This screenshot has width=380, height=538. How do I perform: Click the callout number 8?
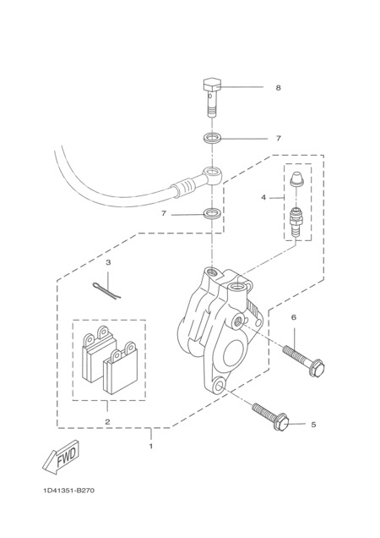click(x=278, y=88)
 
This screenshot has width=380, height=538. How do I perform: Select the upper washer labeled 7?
click(x=212, y=139)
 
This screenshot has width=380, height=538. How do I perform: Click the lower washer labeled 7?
click(x=212, y=214)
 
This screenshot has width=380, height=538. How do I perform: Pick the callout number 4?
click(x=263, y=198)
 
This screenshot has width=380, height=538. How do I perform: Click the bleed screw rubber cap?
click(x=296, y=179)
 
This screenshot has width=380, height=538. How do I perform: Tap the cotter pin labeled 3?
click(x=107, y=290)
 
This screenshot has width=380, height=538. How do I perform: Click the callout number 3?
click(x=108, y=263)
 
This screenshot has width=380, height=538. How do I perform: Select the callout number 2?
click(x=107, y=421)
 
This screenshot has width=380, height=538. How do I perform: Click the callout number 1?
click(x=150, y=447)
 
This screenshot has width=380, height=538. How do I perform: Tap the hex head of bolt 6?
click(x=317, y=367)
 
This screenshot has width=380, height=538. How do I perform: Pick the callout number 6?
click(x=294, y=317)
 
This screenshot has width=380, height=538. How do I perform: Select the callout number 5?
click(x=313, y=425)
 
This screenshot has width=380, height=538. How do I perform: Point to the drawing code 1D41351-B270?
click(x=68, y=491)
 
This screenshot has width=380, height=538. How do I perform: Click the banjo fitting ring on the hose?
click(x=212, y=174)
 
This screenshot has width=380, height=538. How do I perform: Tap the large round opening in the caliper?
click(x=235, y=353)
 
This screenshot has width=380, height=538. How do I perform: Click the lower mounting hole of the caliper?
click(x=219, y=386)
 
